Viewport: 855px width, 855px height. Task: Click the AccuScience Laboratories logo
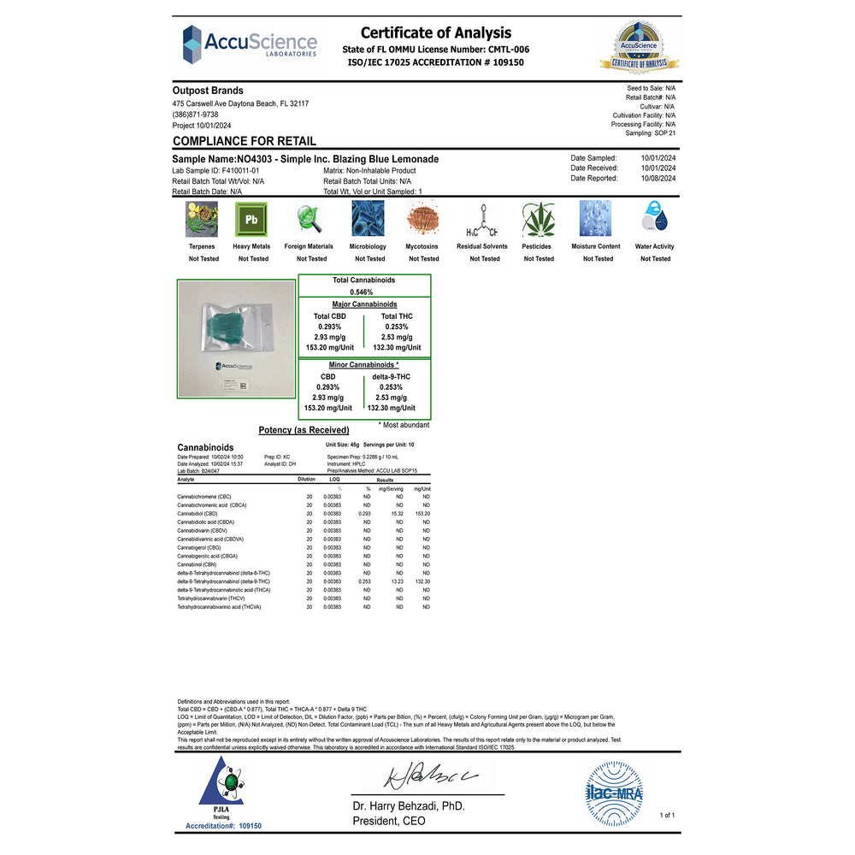pos(249,43)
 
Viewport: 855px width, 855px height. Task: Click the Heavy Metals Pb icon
pos(251,220)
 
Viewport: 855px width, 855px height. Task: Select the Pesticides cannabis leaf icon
pos(539,220)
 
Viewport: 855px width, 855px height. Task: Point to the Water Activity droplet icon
pos(654,217)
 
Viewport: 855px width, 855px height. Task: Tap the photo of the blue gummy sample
pos(235,339)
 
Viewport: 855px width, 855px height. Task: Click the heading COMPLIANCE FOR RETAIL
pos(245,141)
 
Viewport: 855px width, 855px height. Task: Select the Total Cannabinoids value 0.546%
pos(363,292)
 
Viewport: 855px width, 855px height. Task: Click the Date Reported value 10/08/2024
pos(658,179)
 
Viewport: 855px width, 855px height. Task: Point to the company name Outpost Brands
pos(208,91)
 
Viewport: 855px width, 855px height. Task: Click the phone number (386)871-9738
pos(195,115)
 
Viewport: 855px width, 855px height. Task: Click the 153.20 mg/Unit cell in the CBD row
pos(422,513)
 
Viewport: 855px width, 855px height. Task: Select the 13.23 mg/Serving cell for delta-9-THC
pos(396,581)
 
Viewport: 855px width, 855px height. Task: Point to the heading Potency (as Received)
pos(304,430)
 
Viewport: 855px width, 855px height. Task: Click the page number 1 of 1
pos(667,815)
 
